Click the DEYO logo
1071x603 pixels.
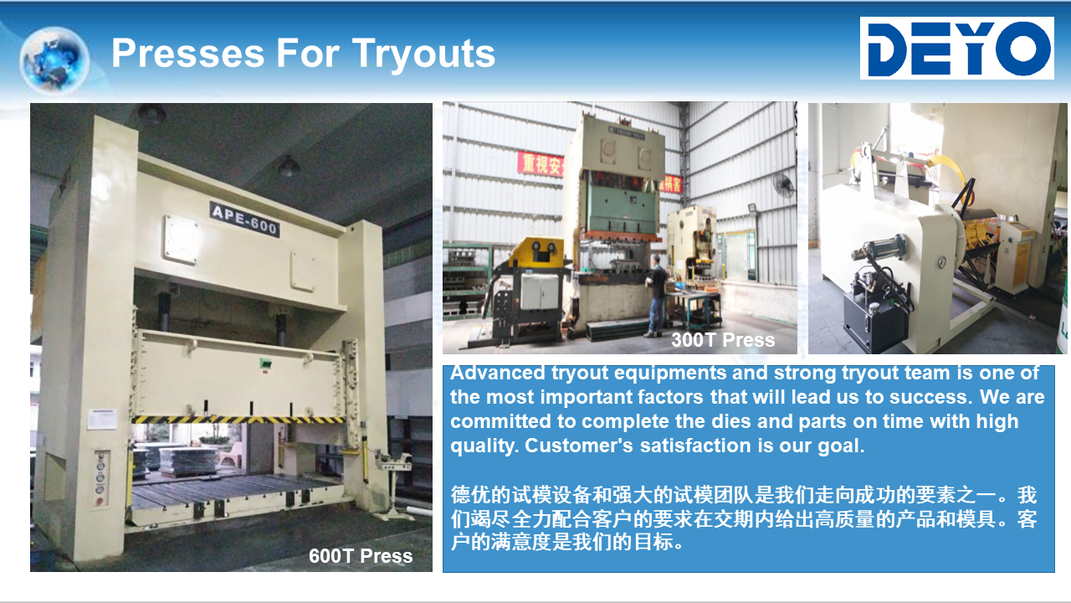coord(956,48)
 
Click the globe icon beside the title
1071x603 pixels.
coord(54,59)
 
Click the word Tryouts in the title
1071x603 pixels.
coord(423,54)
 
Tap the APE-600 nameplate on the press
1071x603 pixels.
coord(244,219)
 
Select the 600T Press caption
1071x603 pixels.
coord(361,556)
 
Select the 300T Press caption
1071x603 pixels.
coord(723,340)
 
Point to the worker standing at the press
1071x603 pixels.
coord(657,296)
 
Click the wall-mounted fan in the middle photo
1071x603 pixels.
coord(784,186)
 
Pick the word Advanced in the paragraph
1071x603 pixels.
coord(497,373)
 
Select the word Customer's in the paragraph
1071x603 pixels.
coord(578,446)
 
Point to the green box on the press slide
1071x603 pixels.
coord(265,364)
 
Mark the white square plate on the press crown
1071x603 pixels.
coord(182,239)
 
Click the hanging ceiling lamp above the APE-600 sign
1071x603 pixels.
coord(289,166)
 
